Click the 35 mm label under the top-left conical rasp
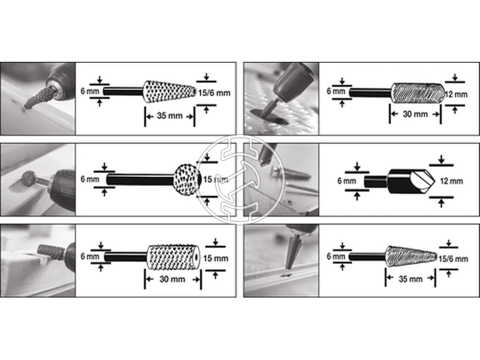click(169, 116)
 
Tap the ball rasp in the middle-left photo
click(28, 178)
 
